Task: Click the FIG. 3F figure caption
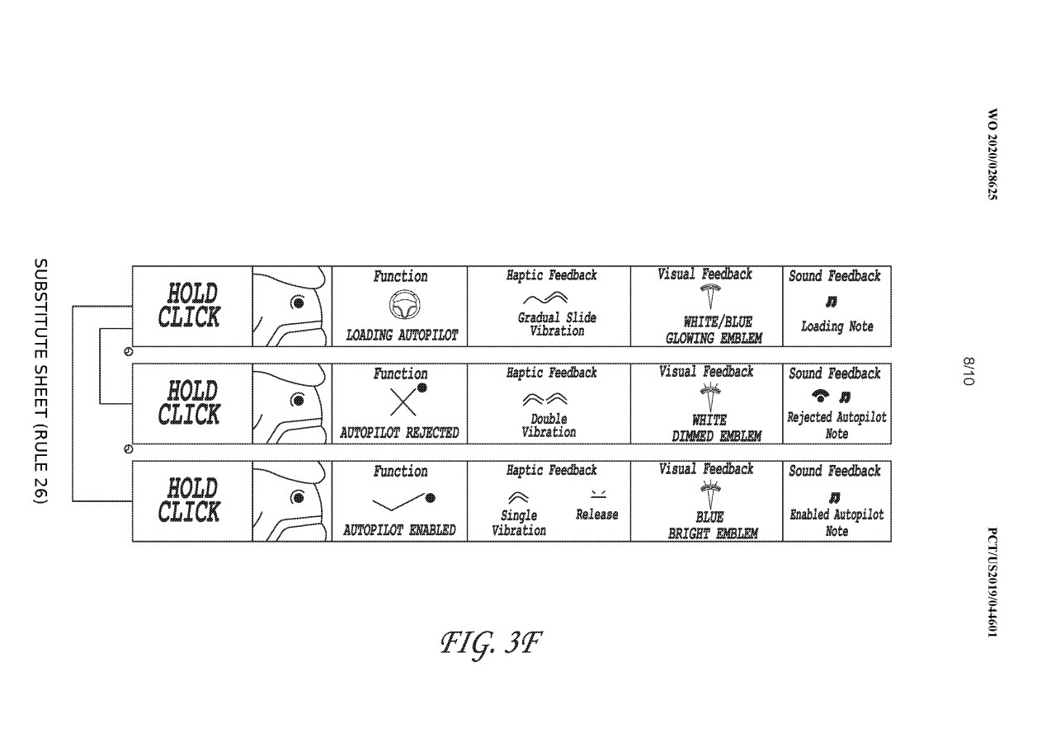(491, 644)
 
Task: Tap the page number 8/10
(968, 371)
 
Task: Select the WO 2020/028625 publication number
(992, 154)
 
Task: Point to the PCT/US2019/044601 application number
(992, 582)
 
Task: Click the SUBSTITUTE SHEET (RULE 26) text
(40, 380)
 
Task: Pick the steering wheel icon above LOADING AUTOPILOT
(404, 305)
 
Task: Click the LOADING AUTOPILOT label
(402, 336)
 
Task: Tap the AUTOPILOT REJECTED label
(399, 433)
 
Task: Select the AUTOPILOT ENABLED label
(399, 530)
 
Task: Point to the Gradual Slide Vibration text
(557, 324)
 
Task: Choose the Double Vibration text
(549, 425)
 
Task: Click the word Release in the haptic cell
(596, 514)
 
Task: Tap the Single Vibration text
(519, 523)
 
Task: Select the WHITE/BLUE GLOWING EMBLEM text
(714, 331)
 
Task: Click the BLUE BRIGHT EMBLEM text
(713, 525)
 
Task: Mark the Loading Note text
(837, 326)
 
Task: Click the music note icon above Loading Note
(832, 302)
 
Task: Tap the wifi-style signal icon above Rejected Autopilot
(820, 397)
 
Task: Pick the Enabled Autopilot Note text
(837, 523)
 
